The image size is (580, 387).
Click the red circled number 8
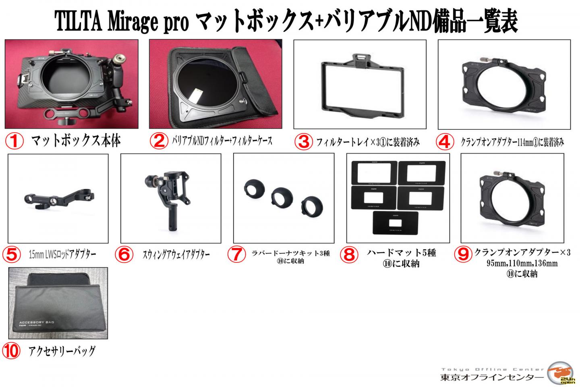tap(349, 254)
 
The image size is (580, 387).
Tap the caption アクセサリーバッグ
tap(62, 351)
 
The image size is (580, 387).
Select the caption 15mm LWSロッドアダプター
tap(62, 254)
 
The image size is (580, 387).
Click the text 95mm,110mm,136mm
tap(522, 264)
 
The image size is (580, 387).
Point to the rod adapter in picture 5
tap(58, 199)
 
